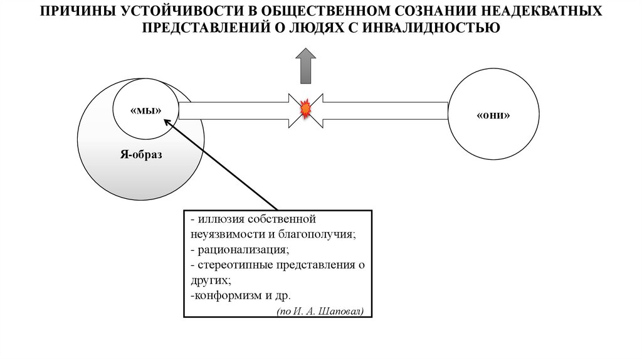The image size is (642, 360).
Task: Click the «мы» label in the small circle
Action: (x=146, y=110)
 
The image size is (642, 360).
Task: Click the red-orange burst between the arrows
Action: (x=306, y=109)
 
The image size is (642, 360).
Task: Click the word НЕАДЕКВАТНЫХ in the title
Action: (x=544, y=12)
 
